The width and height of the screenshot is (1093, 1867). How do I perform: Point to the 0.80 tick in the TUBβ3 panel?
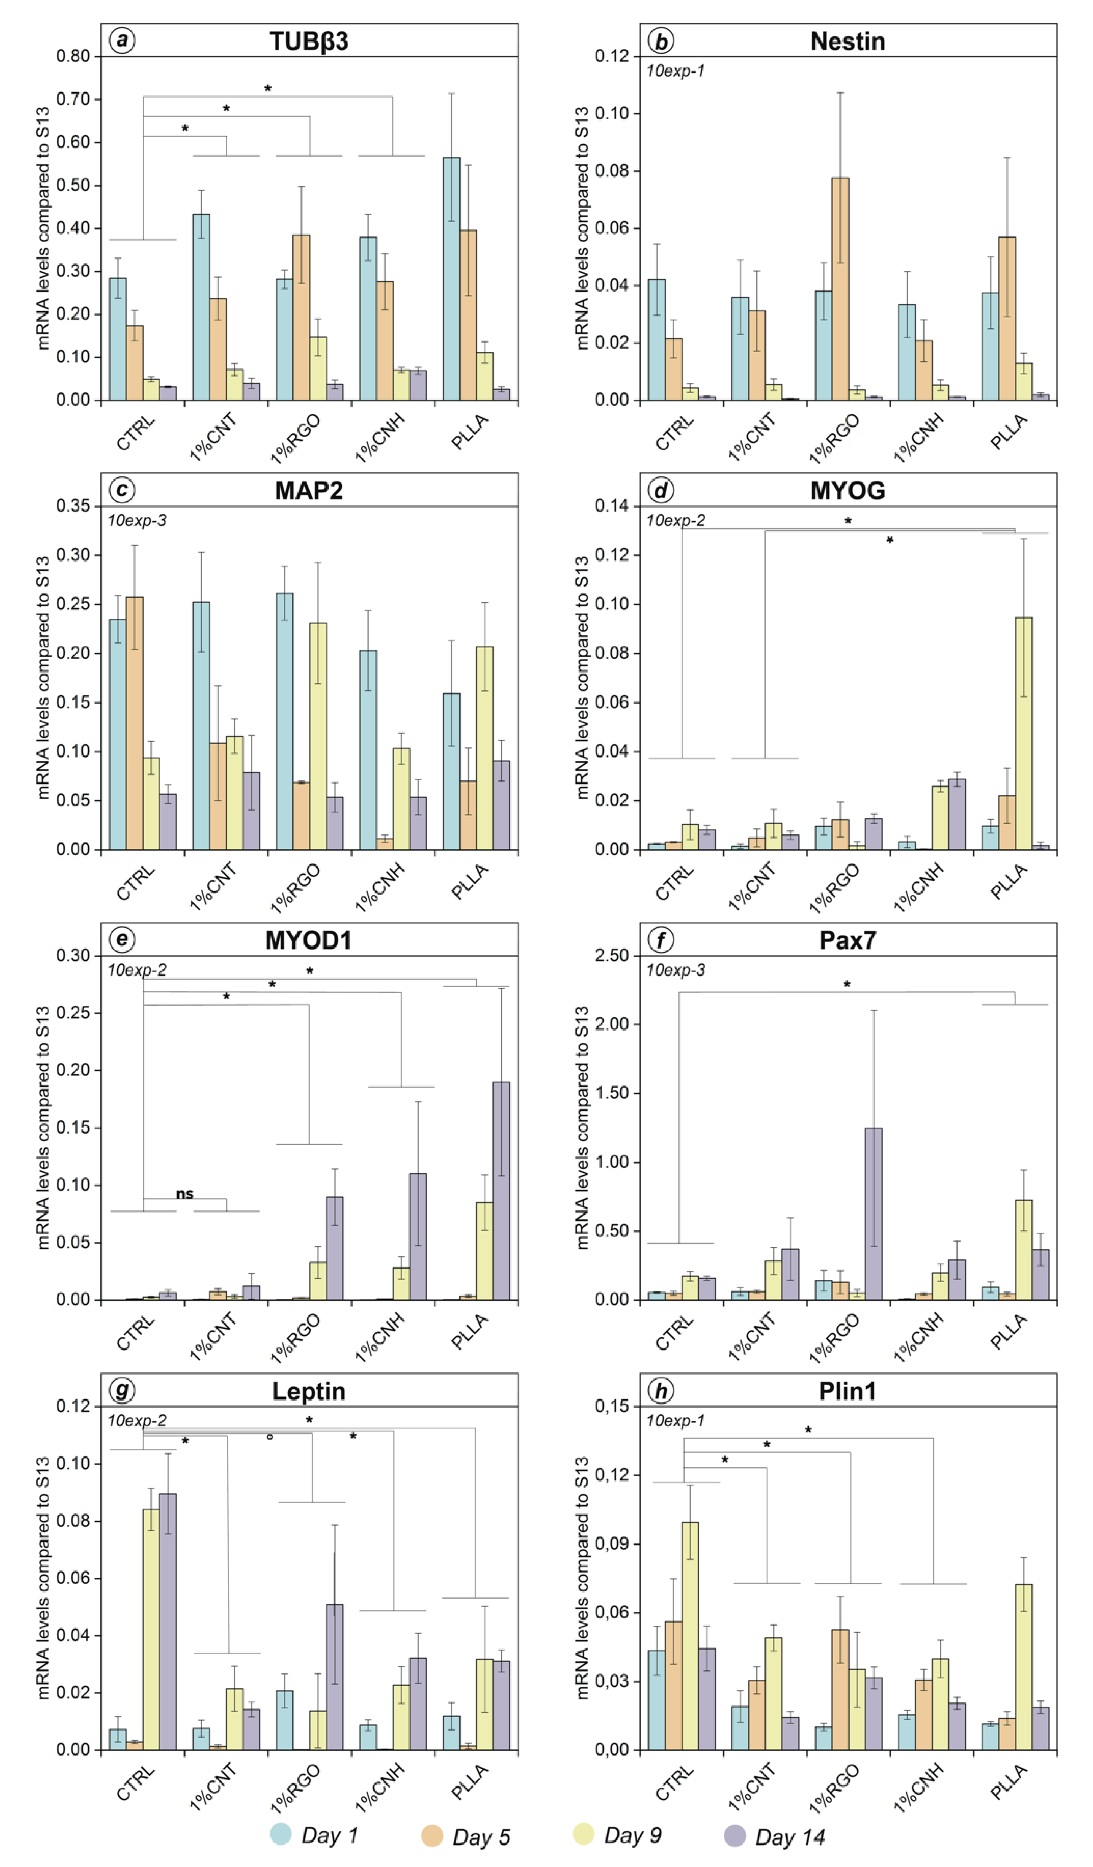(x=73, y=56)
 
